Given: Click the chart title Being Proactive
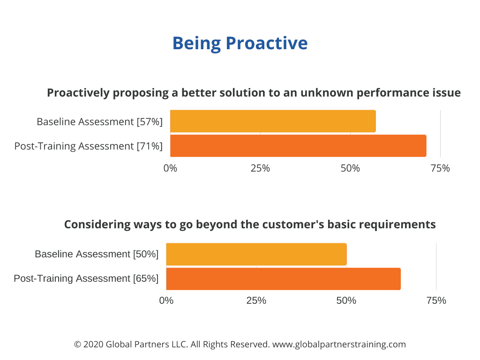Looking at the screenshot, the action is click(240, 44).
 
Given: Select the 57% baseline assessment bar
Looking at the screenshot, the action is click(273, 121).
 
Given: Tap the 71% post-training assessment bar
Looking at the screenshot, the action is click(298, 146).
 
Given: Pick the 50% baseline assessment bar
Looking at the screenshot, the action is click(256, 255).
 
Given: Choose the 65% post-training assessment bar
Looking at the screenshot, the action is click(284, 279).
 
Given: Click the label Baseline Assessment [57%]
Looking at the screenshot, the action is click(99, 122).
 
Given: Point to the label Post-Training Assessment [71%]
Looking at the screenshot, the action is click(89, 146).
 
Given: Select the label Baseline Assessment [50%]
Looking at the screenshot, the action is click(97, 254).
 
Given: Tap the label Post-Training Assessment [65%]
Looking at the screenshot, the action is click(86, 278).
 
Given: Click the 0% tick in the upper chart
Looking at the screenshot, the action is click(170, 168).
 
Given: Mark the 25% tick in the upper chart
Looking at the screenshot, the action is click(260, 168).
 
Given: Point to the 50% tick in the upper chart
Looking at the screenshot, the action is click(350, 168).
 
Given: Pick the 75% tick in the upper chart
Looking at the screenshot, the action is click(440, 168).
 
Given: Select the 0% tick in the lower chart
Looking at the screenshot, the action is click(166, 300).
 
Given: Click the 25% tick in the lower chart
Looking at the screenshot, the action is click(256, 300).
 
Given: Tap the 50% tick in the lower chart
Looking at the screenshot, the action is click(346, 300).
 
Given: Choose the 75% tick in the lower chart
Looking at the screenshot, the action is click(436, 300).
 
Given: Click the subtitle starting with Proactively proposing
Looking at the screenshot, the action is click(254, 93).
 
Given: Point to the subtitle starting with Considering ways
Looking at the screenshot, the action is click(250, 225).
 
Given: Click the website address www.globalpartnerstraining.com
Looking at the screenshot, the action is click(339, 345).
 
